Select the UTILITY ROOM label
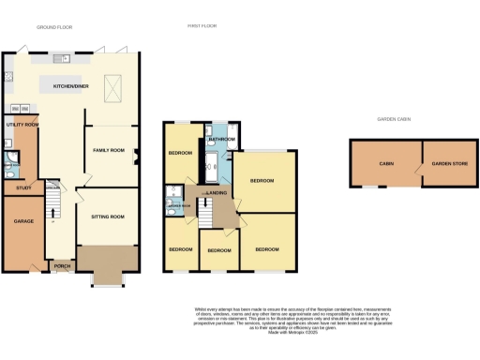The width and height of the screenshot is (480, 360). coord(21,124)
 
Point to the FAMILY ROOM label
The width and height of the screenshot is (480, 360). coord(108,150)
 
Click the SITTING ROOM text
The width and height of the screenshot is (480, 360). coord(108,217)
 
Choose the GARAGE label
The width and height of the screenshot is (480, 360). coord(22,221)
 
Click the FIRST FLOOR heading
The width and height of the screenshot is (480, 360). coord(202,26)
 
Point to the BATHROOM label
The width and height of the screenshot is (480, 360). coord(222,139)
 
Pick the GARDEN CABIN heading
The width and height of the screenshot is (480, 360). coord(394,120)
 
